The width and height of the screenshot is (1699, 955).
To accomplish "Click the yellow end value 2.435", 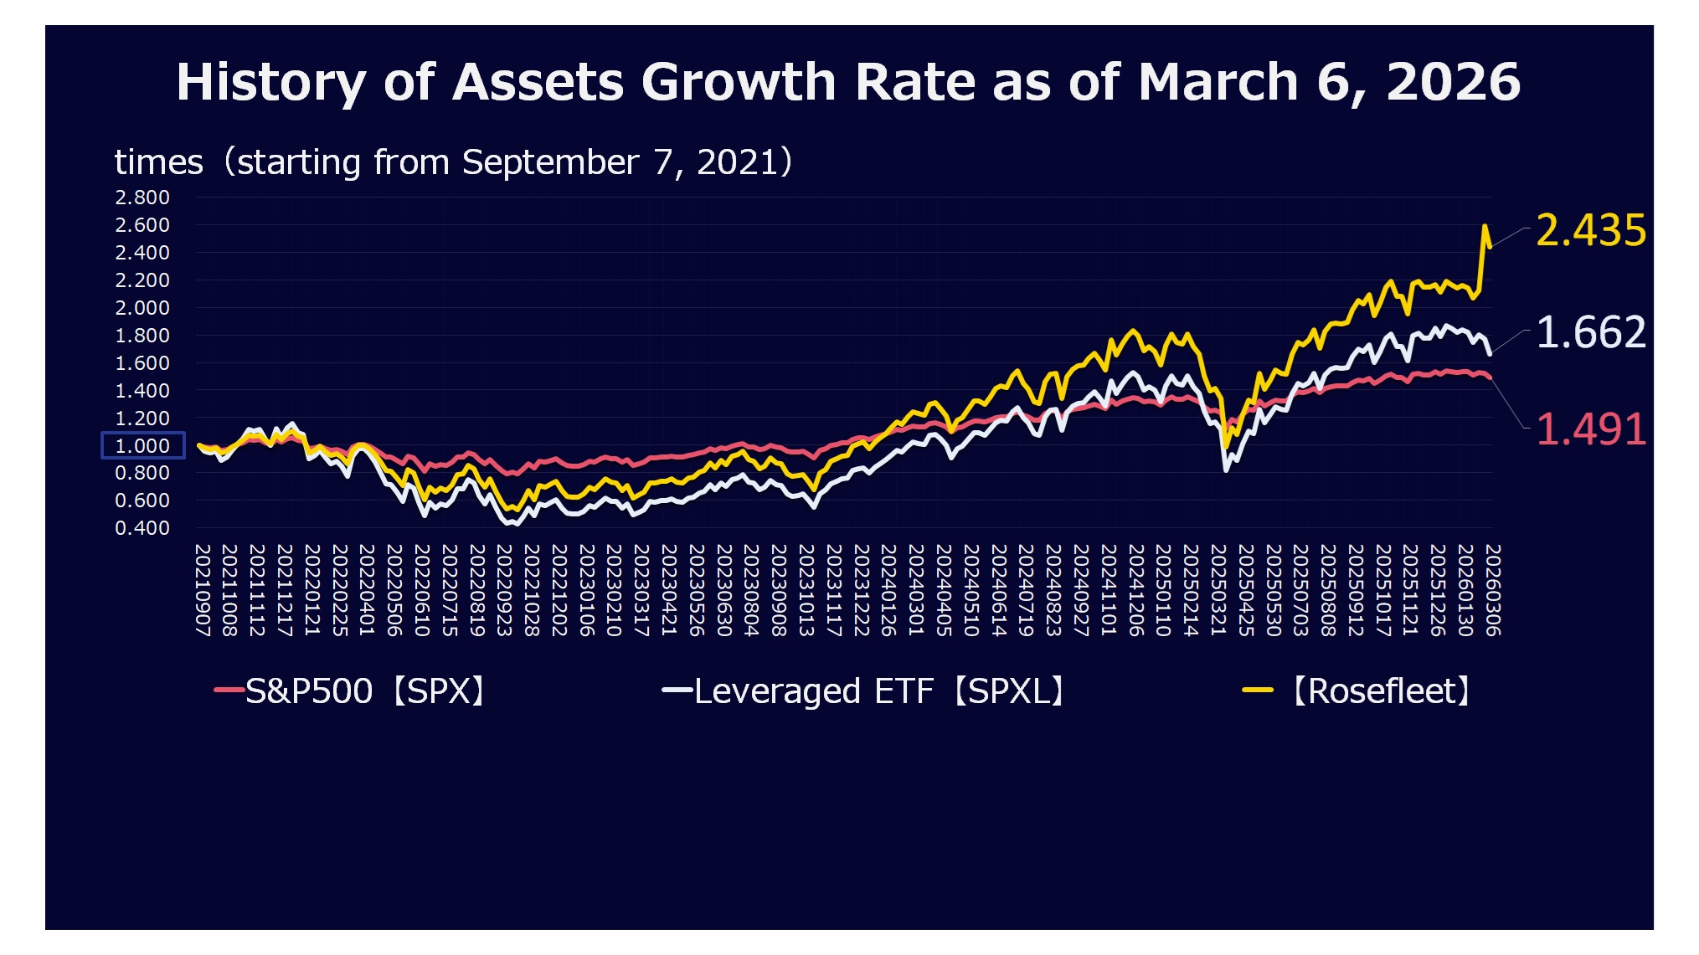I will [x=1590, y=230].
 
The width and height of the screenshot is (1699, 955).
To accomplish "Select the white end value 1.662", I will [x=1590, y=332].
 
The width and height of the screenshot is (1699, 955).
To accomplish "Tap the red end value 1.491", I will [x=1590, y=429].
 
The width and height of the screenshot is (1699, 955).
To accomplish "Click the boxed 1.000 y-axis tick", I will [x=142, y=445].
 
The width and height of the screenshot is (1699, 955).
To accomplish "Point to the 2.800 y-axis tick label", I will [x=142, y=198].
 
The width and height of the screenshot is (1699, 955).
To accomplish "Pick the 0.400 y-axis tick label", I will [x=142, y=528].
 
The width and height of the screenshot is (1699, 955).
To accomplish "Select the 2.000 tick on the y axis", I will [x=142, y=308].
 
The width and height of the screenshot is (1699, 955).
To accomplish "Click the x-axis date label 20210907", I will [x=203, y=590].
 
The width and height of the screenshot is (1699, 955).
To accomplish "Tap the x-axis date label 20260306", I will [x=1492, y=590].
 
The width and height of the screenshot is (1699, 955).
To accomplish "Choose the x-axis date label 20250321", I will [x=1218, y=590].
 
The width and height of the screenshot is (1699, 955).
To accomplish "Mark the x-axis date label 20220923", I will [x=504, y=590].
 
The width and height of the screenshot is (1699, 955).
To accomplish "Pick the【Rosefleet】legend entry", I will [x=1358, y=691].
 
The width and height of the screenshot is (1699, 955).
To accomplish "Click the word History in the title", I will [x=270, y=83].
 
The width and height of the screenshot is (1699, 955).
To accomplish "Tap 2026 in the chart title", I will [x=1453, y=82].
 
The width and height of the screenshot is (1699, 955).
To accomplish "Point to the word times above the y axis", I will [x=158, y=162].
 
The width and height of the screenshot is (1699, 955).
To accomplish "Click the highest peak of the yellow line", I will [x=1485, y=225].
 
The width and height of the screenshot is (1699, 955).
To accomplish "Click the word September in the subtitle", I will [x=550, y=162].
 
